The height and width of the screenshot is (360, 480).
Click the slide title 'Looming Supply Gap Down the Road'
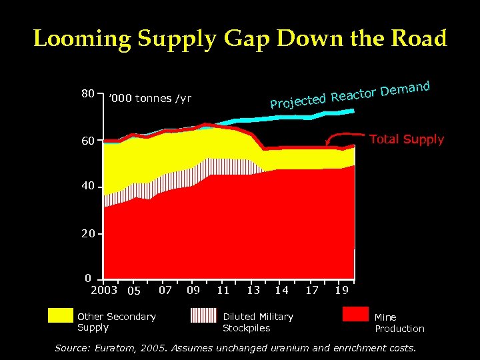(x=240, y=39)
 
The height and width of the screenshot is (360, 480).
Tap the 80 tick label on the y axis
(x=88, y=94)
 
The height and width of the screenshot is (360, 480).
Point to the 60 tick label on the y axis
(x=88, y=141)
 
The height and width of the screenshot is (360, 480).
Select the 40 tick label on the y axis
(x=88, y=187)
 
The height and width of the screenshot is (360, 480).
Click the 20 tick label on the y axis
(x=88, y=234)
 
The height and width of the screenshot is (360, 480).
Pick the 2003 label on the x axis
(x=104, y=289)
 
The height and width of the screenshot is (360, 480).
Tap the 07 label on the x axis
(x=166, y=289)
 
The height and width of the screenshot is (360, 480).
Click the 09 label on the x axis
(x=193, y=289)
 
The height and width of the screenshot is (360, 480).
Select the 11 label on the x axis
(x=223, y=289)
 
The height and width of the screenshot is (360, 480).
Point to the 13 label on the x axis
(x=253, y=289)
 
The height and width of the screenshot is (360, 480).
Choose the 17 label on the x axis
(x=312, y=289)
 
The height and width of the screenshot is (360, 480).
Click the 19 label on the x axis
(x=342, y=289)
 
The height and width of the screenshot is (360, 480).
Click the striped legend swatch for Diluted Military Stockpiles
(x=203, y=315)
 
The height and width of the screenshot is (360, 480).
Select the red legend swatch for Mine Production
(x=355, y=315)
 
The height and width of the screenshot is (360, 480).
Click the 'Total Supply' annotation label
(x=406, y=139)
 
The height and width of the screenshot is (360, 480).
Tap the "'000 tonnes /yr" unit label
(x=150, y=99)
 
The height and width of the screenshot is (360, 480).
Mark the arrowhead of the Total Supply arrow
(x=327, y=144)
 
